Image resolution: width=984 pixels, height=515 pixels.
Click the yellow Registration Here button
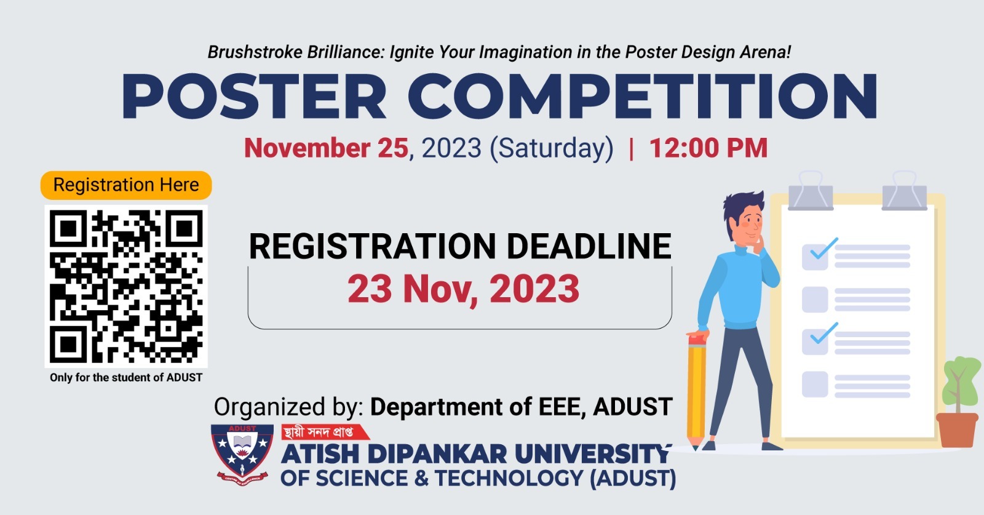[126, 185]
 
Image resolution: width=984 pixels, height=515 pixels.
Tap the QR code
[126, 286]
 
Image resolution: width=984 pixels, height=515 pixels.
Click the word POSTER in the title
[253, 97]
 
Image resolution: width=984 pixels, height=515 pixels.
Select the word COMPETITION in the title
[642, 97]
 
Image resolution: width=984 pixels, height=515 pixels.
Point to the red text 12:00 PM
[708, 148]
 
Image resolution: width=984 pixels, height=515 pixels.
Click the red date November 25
[327, 148]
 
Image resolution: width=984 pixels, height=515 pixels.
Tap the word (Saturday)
[551, 148]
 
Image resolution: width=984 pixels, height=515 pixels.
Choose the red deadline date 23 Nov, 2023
[464, 289]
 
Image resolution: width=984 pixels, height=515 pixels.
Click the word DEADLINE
[589, 247]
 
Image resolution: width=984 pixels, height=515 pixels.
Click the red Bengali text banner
[325, 432]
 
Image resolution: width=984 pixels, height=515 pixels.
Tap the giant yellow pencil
[696, 391]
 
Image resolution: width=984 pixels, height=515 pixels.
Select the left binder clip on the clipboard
[811, 191]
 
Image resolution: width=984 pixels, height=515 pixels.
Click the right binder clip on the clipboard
[905, 191]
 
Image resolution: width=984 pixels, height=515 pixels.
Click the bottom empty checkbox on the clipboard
[815, 385]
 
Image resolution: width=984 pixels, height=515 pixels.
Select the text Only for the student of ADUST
[126, 377]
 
